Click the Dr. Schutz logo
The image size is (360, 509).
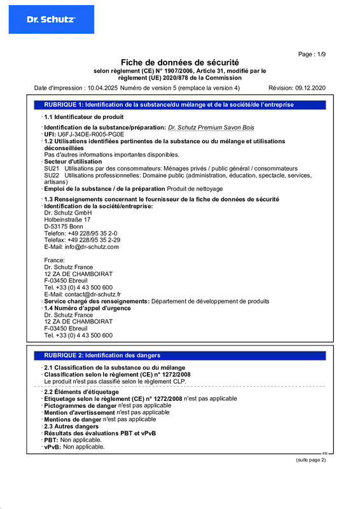coord(51,20)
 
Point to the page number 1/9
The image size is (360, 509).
coord(319,55)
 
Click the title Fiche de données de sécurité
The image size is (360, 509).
coord(180,62)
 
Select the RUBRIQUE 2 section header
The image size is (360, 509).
coord(102,355)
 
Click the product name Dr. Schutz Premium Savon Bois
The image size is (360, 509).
coord(211,128)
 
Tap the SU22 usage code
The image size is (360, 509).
coord(52,175)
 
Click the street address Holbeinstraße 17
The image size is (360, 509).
coord(67,219)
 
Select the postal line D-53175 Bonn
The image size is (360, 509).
coord(64,226)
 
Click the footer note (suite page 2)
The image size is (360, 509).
coord(310,460)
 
